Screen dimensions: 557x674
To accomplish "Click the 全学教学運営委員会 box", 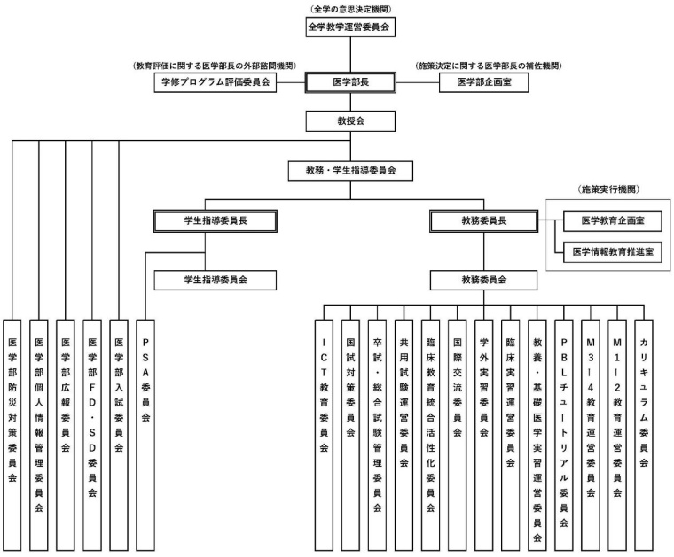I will pos(349,27).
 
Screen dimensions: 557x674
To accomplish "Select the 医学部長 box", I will pos(349,82).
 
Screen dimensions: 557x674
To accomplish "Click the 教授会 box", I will pos(349,120).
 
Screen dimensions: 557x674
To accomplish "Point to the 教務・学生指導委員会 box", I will pos(349,169).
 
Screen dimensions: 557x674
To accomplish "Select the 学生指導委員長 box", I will pos(216,220).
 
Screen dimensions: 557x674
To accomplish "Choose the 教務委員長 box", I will pos(483,220).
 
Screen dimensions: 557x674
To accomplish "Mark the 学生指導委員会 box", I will pos(216,279).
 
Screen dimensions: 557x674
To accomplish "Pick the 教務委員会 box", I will pos(483,279).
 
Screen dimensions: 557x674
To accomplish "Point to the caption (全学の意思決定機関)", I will pos(350,8).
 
